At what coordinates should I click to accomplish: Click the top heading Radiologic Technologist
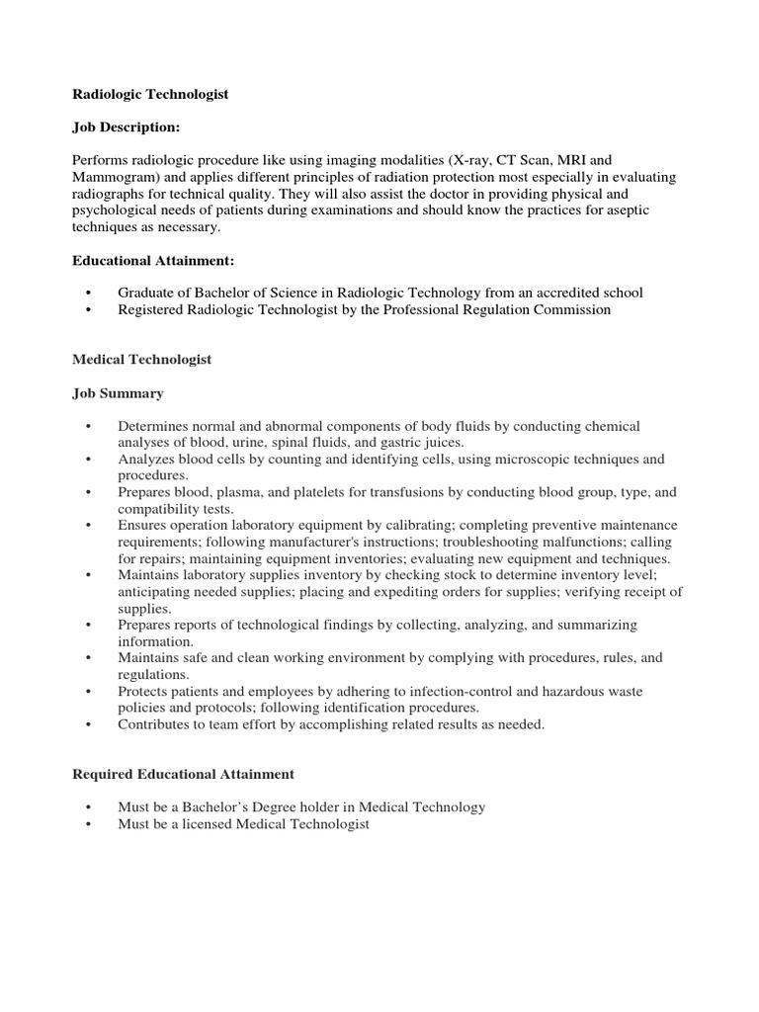tap(150, 94)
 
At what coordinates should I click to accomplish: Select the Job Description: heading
tap(126, 127)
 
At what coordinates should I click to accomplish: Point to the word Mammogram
tap(112, 177)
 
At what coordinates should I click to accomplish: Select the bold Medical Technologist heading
tap(142, 360)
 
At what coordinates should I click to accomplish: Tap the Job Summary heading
tap(118, 393)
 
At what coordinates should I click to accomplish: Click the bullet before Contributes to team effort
tap(89, 724)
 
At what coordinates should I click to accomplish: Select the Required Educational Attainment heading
tap(183, 774)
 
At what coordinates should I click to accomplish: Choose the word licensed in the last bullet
tap(203, 823)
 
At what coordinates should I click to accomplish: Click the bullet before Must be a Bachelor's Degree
tap(89, 807)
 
